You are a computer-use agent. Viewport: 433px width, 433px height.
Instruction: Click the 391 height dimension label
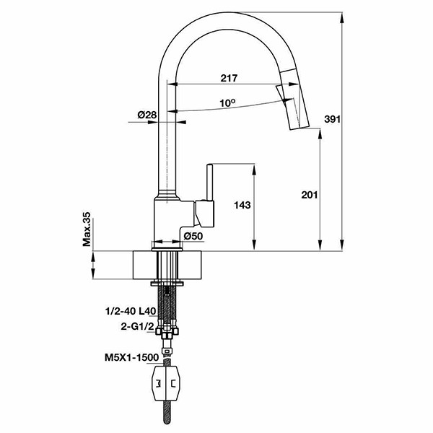332,119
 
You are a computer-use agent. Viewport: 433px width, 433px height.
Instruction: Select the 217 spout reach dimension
229,78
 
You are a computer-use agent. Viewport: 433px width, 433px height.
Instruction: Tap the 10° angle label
227,102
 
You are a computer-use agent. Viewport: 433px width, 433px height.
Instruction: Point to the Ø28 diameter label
147,115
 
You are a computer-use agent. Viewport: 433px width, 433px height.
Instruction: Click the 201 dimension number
310,195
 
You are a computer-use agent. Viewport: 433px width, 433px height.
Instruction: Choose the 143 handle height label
242,205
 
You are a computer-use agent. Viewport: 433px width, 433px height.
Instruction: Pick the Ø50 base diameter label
193,236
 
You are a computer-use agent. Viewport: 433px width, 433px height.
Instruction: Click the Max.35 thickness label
87,229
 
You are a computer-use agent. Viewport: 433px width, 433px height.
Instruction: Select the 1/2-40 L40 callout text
131,312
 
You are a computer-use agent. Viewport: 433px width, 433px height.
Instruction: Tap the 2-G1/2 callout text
137,326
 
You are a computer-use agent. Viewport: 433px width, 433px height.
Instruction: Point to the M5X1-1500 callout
132,358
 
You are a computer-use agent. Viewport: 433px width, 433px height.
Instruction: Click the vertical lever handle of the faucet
209,183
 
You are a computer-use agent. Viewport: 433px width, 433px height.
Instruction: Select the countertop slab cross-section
167,265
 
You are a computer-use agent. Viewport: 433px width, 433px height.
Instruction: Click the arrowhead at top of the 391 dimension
342,17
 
